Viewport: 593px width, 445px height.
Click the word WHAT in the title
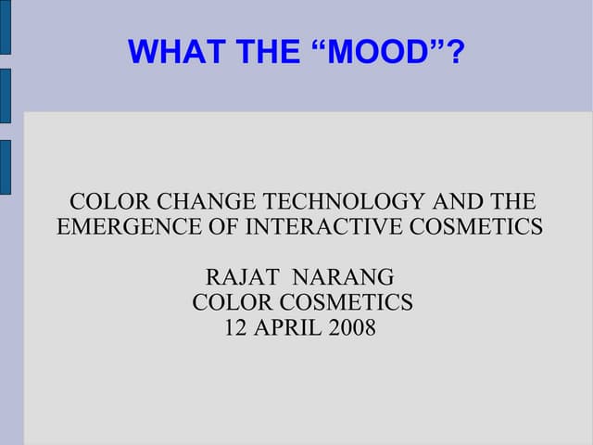tap(168, 52)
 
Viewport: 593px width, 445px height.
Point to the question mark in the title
tap(454, 52)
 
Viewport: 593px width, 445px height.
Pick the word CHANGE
tap(205, 201)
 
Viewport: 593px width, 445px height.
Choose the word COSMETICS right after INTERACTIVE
tap(482, 226)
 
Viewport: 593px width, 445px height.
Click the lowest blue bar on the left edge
tap(5, 167)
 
